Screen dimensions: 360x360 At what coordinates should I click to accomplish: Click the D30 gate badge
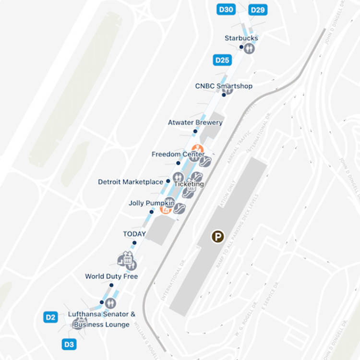pyautogui.click(x=226, y=9)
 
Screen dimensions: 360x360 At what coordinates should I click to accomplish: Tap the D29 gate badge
pyautogui.click(x=258, y=10)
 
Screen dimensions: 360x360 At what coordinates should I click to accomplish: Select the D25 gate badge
pyautogui.click(x=222, y=60)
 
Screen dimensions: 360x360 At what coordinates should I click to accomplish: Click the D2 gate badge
pyautogui.click(x=51, y=317)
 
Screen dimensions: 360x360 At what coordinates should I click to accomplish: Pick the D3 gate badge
pyautogui.click(x=69, y=344)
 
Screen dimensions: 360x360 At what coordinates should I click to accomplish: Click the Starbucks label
pyautogui.click(x=241, y=38)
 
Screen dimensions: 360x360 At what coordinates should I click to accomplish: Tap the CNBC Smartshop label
pyautogui.click(x=223, y=86)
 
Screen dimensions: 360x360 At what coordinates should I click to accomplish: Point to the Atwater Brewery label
pyautogui.click(x=195, y=122)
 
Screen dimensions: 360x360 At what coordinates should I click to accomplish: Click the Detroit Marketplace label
pyautogui.click(x=130, y=182)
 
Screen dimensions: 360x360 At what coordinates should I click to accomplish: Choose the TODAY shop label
pyautogui.click(x=134, y=234)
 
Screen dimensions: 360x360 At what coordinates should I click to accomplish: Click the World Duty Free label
pyautogui.click(x=111, y=276)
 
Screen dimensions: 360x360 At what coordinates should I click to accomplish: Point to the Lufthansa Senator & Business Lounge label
pyautogui.click(x=101, y=319)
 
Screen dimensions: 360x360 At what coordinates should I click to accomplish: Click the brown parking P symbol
pyautogui.click(x=218, y=236)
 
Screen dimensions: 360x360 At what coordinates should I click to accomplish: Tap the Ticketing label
pyautogui.click(x=189, y=184)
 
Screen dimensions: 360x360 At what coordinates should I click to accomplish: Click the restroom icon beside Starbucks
pyautogui.click(x=249, y=48)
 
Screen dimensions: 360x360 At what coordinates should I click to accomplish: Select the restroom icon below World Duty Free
pyautogui.click(x=110, y=303)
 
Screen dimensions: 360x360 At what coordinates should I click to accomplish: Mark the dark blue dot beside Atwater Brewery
pyautogui.click(x=195, y=131)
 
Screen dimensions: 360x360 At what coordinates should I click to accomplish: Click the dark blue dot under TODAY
pyautogui.click(x=134, y=243)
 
